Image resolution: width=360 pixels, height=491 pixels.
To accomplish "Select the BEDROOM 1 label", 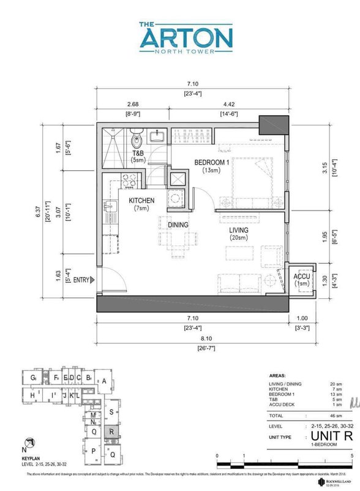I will point(211,162).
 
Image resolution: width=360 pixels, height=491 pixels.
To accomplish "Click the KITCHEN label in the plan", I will point(141,200).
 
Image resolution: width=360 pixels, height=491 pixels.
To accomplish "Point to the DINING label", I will point(178,225).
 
